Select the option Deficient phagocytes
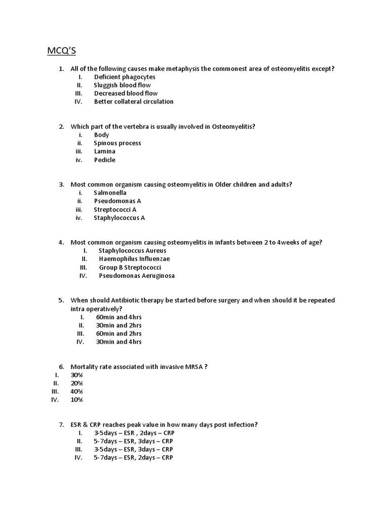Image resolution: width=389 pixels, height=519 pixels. coord(125,77)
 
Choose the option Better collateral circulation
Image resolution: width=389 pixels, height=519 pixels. coord(134,102)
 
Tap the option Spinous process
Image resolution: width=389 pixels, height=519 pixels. coord(118,143)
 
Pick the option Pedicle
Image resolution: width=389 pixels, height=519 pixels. coord(105,160)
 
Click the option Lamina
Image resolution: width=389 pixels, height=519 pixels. coord(105,152)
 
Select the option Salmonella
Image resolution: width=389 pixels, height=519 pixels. coord(110,193)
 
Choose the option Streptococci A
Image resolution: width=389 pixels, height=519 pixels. coord(115,210)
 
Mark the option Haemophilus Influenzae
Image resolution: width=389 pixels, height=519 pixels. coord(134,259)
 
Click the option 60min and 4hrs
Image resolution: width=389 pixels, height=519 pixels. coord(119,317)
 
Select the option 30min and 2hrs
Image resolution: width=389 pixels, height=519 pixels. coord(119,325)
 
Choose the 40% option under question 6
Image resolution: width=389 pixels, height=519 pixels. coord(77,392)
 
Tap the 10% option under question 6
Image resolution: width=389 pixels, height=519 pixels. coord(77,400)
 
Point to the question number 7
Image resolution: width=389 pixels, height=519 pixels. coord(61,425)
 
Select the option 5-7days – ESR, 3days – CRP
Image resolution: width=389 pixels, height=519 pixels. coord(133,441)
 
